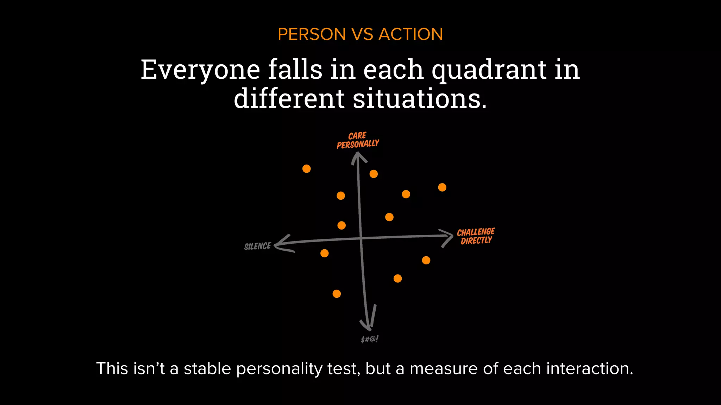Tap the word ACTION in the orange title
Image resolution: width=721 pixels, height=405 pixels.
point(410,34)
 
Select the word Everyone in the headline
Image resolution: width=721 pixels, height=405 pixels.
point(200,70)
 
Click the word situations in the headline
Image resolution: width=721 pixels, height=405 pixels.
point(420,99)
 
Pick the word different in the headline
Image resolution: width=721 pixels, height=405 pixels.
point(289,99)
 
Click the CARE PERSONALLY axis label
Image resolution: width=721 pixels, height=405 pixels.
point(358,140)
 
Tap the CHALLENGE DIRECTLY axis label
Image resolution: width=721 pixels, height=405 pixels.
point(476,236)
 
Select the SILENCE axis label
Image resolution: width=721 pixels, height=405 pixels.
point(258,246)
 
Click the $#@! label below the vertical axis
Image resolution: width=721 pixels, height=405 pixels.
point(370,339)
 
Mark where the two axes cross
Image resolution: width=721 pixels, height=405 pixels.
point(361,239)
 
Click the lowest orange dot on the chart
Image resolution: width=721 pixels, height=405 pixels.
point(337,294)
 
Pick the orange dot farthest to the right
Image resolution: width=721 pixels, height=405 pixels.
point(442,187)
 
